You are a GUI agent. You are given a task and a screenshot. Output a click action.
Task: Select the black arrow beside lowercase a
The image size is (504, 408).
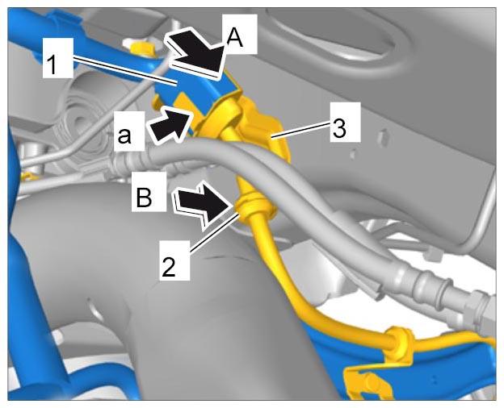tap(170, 125)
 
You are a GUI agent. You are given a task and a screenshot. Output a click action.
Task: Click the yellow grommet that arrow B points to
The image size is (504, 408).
tap(255, 206)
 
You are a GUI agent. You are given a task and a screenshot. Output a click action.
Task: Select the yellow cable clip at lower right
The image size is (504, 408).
tap(398, 344)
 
